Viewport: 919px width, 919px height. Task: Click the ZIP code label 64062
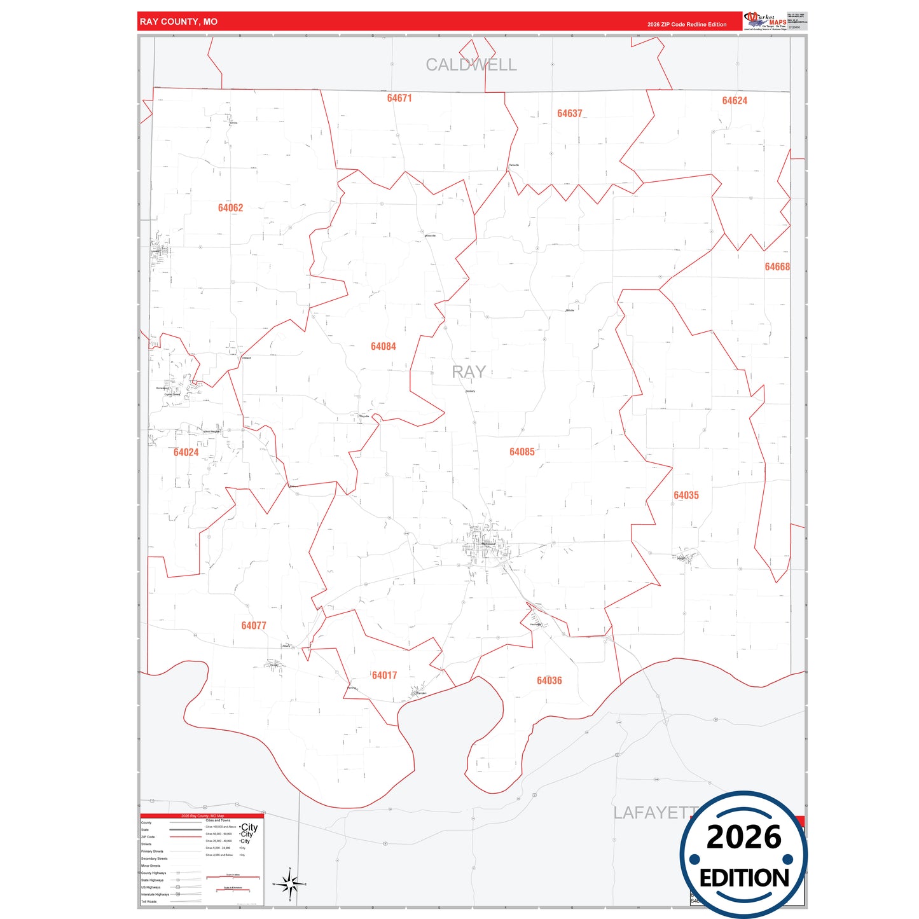pos(230,208)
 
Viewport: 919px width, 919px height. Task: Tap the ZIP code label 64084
pos(383,347)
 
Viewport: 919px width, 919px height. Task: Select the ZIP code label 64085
pos(522,452)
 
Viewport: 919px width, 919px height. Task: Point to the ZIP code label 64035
pos(686,495)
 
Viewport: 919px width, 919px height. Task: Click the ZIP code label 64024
pos(186,452)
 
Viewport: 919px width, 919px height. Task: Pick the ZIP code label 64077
pos(254,626)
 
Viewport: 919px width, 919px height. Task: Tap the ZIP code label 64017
pos(384,675)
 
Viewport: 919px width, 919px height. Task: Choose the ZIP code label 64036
pos(549,681)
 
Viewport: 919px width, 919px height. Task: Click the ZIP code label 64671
pos(399,98)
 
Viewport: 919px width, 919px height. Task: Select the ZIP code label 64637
pos(569,114)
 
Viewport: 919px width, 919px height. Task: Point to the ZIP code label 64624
pos(735,100)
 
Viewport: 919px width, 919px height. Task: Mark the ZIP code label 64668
pos(777,267)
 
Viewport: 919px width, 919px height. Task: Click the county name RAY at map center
pos(469,372)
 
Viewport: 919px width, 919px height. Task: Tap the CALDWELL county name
pos(471,65)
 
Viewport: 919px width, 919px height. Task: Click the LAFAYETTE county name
pos(652,813)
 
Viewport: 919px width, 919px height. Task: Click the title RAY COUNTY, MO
pos(179,22)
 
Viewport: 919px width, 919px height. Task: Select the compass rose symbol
pos(290,884)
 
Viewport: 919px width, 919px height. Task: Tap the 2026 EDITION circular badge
pos(743,854)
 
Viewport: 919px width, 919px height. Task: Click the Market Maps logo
pos(765,21)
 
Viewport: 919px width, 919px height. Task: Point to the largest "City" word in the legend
pos(249,827)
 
